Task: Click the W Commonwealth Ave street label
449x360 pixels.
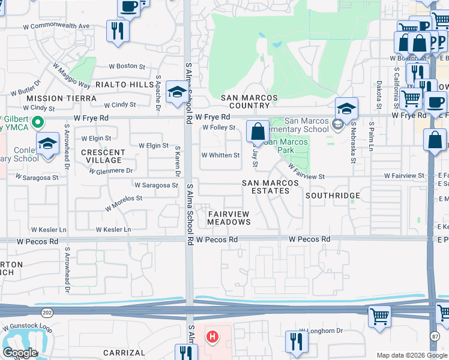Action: pyautogui.click(x=56, y=26)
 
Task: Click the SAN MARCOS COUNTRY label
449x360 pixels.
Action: pyautogui.click(x=249, y=101)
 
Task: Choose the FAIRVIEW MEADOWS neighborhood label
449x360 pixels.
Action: pyautogui.click(x=229, y=218)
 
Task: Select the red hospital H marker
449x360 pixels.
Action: pyautogui.click(x=211, y=337)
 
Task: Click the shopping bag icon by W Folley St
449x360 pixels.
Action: pyautogui.click(x=258, y=131)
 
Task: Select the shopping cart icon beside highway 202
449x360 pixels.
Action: pyautogui.click(x=379, y=316)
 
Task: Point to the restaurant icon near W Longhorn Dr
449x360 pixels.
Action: pyautogui.click(x=297, y=341)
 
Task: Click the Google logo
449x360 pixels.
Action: pyautogui.click(x=20, y=353)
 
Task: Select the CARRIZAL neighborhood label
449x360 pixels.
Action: pyautogui.click(x=124, y=353)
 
